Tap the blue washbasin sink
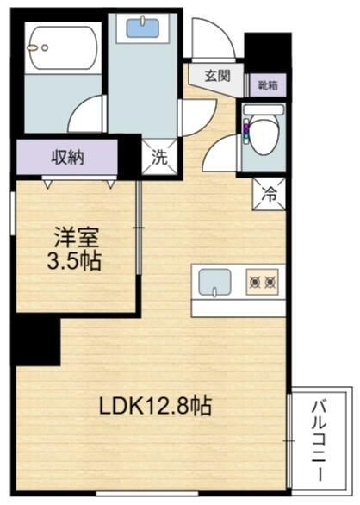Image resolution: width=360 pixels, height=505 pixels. tap(142, 27)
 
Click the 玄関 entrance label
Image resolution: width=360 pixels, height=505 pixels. tap(218, 76)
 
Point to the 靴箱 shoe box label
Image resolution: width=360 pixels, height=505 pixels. tap(268, 85)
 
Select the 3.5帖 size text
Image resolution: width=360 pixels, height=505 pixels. tap(73, 260)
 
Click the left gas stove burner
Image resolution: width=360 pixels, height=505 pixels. tap(254, 280)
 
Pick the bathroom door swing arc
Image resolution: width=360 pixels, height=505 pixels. tap(89, 114)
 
